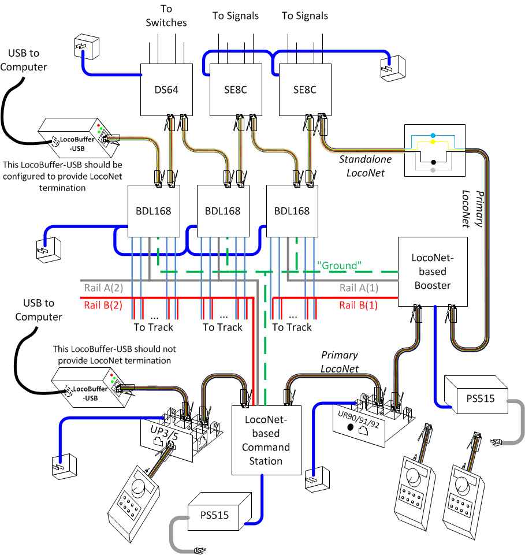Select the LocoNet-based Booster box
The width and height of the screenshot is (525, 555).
pos(432,270)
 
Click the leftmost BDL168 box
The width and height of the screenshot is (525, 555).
pos(153,211)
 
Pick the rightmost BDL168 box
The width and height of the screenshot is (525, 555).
pos(292,211)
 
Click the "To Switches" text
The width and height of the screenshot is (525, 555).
pos(166,17)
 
